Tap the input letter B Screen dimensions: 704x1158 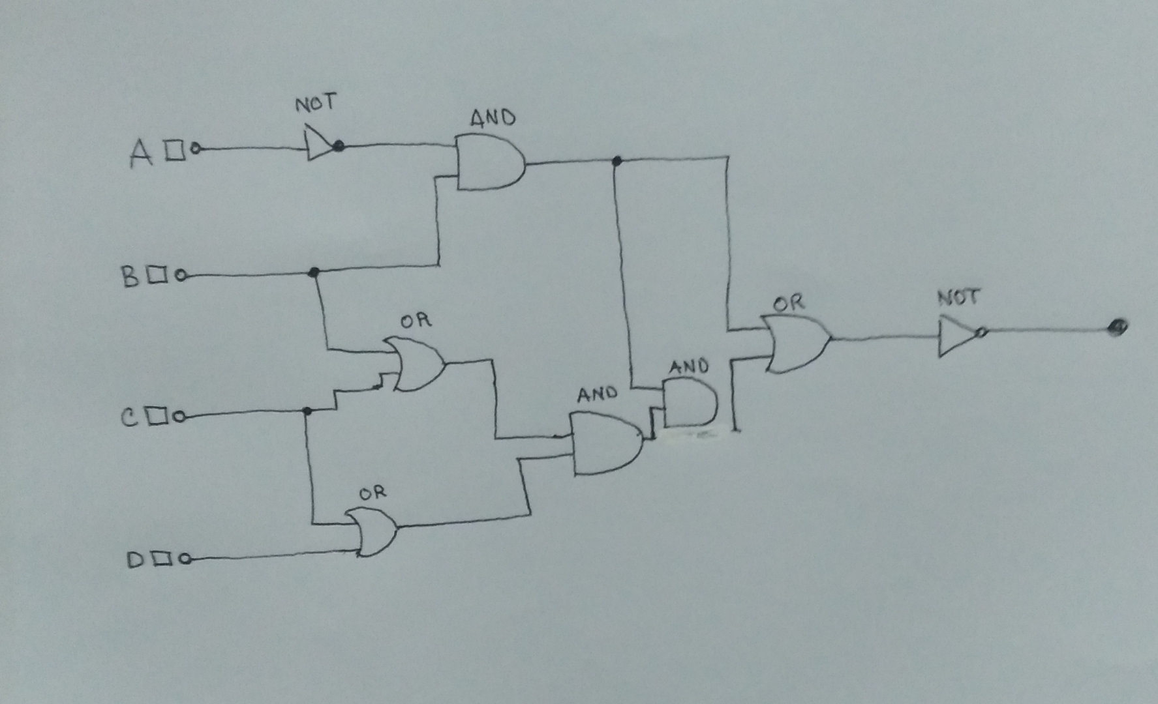[130, 276]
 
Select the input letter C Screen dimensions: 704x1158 [129, 417]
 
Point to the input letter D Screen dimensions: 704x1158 [136, 560]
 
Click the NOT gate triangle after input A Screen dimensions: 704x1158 [320, 144]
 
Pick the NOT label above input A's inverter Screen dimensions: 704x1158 [316, 104]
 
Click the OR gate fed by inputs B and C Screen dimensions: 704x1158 [415, 363]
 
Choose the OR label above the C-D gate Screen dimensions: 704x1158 [373, 493]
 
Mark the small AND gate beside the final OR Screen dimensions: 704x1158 [689, 403]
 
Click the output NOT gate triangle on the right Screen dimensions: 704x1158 [956, 336]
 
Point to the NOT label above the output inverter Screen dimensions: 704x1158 [958, 298]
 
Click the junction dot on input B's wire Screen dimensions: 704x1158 [314, 272]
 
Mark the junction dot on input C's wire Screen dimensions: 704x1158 [307, 411]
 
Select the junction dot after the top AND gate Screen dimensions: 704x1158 [617, 160]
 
